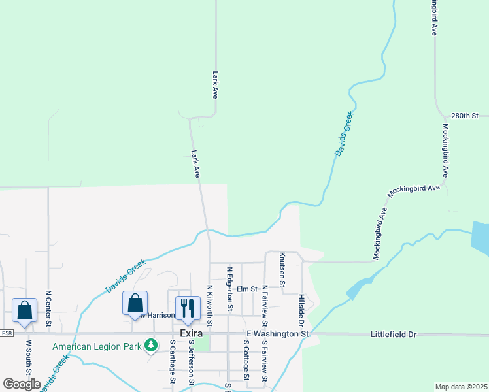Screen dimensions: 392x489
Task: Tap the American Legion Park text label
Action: (x=97, y=346)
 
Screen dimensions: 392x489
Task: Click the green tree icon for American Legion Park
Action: (x=152, y=344)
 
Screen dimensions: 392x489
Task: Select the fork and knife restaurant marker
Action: (x=188, y=308)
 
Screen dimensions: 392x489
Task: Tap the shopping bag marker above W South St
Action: (x=25, y=310)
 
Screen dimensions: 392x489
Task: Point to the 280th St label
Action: (x=465, y=115)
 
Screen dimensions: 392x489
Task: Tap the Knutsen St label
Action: (x=282, y=270)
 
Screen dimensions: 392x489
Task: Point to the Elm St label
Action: (x=248, y=289)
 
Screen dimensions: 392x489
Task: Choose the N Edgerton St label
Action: (x=229, y=288)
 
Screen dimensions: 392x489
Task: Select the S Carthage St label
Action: (x=173, y=361)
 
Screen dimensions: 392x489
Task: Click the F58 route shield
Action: (x=7, y=333)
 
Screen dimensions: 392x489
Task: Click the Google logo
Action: (x=22, y=384)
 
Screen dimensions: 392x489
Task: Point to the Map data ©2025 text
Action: (x=461, y=387)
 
